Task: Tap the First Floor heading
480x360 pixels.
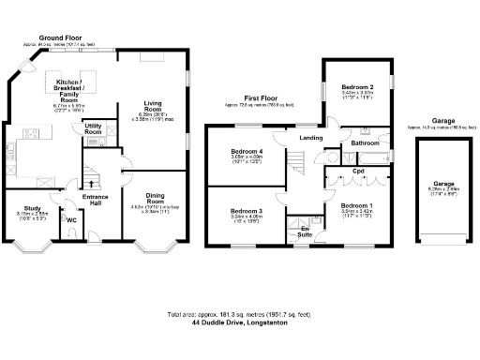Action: click(x=263, y=97)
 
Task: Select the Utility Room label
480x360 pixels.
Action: click(x=94, y=128)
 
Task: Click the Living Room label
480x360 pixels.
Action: click(x=153, y=104)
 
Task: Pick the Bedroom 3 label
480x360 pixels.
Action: click(x=245, y=211)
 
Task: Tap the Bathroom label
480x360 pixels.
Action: click(x=365, y=143)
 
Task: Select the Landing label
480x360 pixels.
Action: click(x=310, y=139)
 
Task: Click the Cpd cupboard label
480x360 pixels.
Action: click(x=358, y=172)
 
